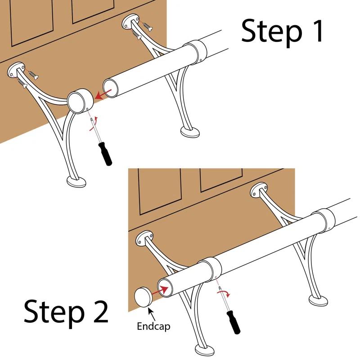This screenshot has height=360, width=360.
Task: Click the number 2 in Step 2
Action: click(96, 310)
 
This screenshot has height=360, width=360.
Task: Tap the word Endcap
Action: click(153, 326)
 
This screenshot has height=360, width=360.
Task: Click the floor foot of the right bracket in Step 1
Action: click(190, 131)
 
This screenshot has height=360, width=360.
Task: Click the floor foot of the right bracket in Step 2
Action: click(319, 299)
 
